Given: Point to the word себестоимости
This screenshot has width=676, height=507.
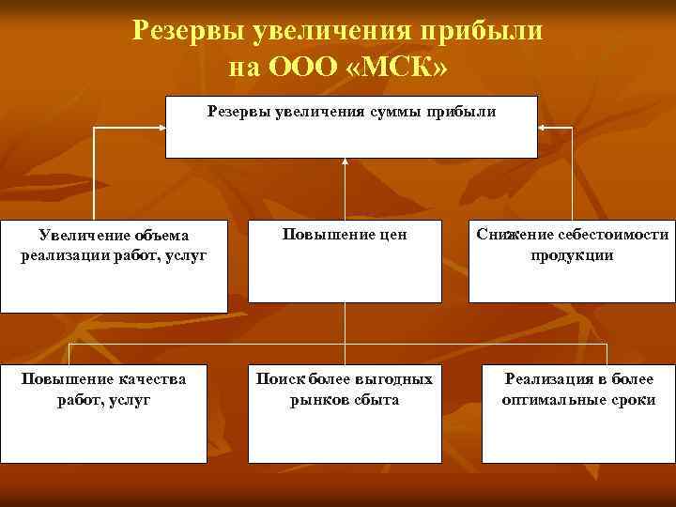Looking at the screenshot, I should pyautogui.click(x=612, y=235).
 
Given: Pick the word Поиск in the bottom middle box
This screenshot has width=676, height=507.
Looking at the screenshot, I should pyautogui.click(x=275, y=379).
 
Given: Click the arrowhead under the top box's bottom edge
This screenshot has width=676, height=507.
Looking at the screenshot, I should pyautogui.click(x=345, y=162).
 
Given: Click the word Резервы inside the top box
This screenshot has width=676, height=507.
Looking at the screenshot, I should pyautogui.click(x=239, y=113).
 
